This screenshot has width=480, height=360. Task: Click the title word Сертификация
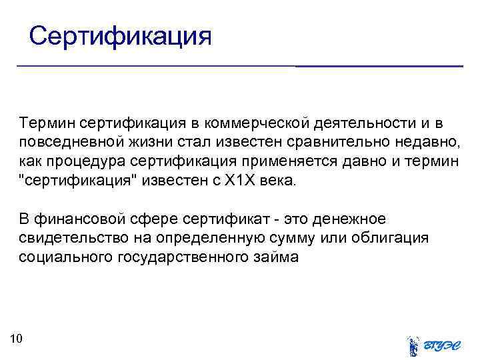click(x=121, y=35)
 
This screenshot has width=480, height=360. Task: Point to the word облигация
click(x=390, y=239)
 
